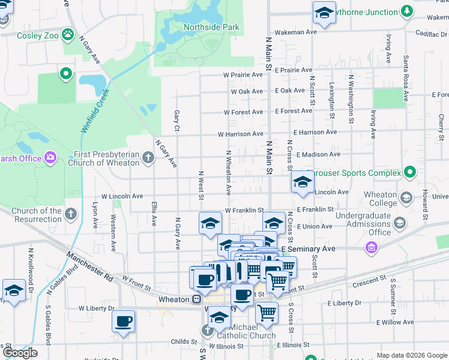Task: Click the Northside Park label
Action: point(211,27)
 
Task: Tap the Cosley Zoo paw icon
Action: point(68,35)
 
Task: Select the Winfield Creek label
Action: point(95,111)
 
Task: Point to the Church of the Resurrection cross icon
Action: point(71,214)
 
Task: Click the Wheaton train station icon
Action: point(196,299)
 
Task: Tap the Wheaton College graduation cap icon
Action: point(406,198)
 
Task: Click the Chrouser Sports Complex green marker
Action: point(410,173)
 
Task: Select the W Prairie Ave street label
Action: point(243,75)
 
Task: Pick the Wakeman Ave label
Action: point(295,32)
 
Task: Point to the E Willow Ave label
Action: point(395,322)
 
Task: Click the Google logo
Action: point(20,353)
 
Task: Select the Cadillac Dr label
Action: point(427,34)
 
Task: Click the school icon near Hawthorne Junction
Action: point(324,13)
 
